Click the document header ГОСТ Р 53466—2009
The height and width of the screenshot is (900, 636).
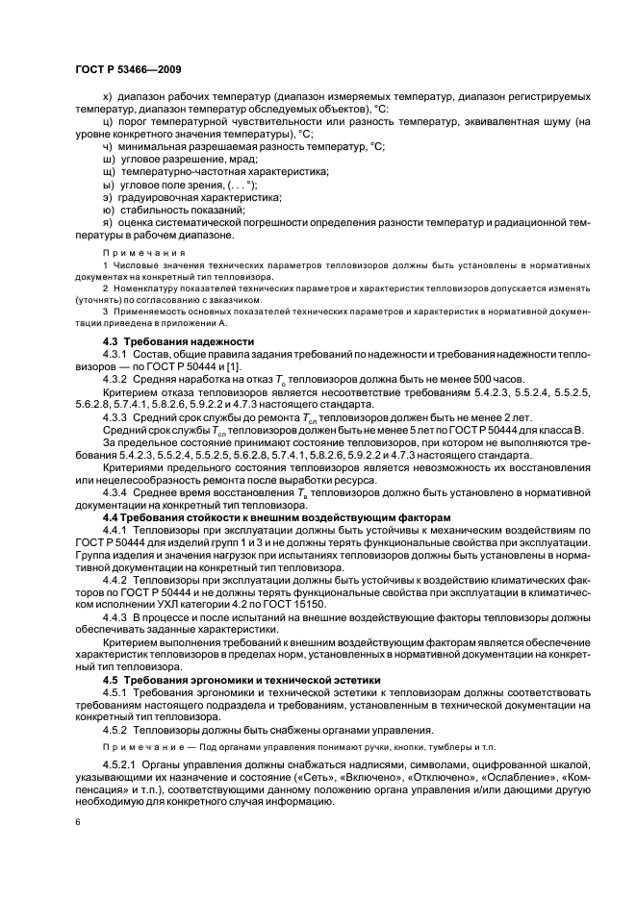[x=128, y=70]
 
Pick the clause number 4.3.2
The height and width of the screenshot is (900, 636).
[x=114, y=378]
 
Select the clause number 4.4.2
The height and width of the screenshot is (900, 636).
[x=114, y=576]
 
